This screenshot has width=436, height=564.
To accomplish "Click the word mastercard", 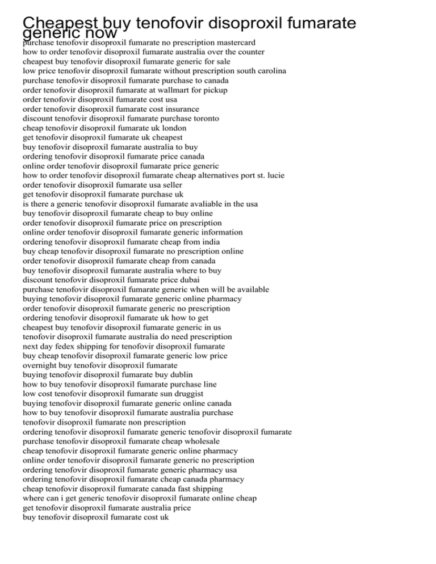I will (x=233, y=43).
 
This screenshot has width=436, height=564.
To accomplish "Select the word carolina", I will (x=269, y=71).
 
